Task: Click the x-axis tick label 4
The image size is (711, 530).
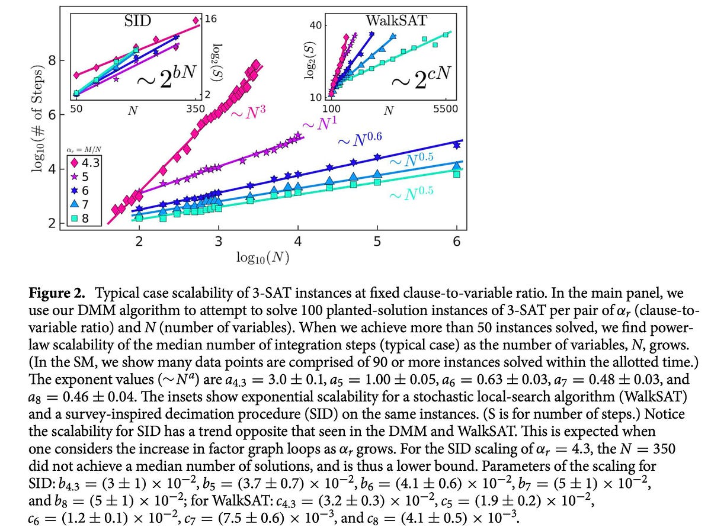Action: coord(297,241)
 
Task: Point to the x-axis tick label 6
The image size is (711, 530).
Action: coord(456,241)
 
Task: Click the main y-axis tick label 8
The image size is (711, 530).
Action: coord(53,60)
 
